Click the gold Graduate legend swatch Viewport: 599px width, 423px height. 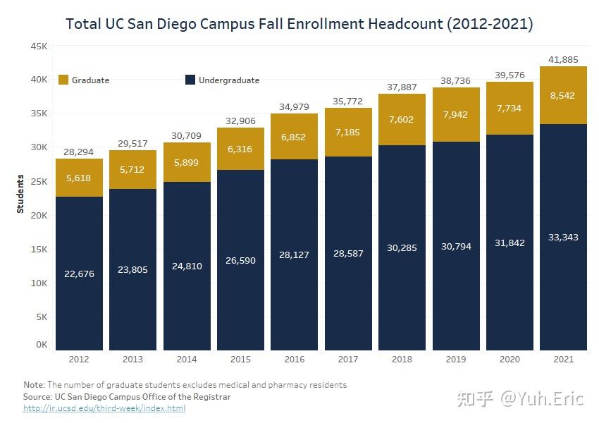62,80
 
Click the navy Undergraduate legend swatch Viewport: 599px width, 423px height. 190,80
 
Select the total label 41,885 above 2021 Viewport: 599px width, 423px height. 563,59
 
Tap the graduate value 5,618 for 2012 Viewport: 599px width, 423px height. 79,178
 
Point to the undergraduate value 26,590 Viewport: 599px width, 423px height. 240,260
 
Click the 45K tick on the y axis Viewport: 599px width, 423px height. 38,46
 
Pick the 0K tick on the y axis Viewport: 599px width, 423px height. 41,345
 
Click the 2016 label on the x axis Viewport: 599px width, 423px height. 295,360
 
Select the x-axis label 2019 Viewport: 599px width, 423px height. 456,360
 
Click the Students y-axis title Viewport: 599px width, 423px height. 20,194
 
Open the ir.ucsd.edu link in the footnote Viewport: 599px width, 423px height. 104,408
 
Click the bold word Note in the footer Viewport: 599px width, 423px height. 33,385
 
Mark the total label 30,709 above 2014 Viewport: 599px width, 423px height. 187,135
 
